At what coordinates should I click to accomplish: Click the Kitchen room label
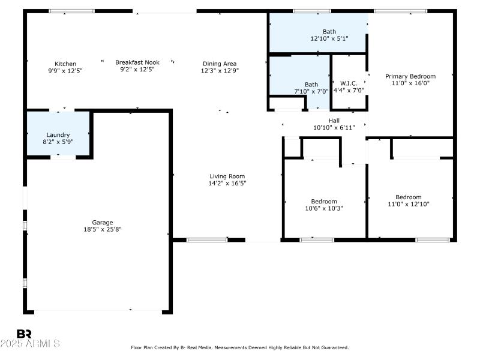(x=65, y=64)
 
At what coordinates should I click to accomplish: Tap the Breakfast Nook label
(x=137, y=62)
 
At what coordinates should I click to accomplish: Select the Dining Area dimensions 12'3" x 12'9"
(x=219, y=70)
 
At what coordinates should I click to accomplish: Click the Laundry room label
(x=58, y=135)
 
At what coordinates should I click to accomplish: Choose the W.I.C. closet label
(x=349, y=83)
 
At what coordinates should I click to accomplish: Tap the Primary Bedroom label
(x=410, y=76)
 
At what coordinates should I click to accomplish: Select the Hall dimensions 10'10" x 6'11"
(x=334, y=127)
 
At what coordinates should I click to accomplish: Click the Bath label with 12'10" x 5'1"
(x=329, y=32)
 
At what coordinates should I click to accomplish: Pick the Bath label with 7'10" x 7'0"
(x=311, y=85)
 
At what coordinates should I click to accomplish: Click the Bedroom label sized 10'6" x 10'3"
(x=324, y=202)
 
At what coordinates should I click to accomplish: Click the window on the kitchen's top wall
(x=71, y=11)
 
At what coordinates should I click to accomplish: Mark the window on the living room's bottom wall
(x=207, y=240)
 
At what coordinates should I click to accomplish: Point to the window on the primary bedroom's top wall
(x=400, y=11)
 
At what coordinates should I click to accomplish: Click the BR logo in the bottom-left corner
(x=24, y=334)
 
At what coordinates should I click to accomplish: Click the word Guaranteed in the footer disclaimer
(x=334, y=347)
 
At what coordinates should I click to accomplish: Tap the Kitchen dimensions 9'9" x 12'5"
(x=65, y=70)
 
